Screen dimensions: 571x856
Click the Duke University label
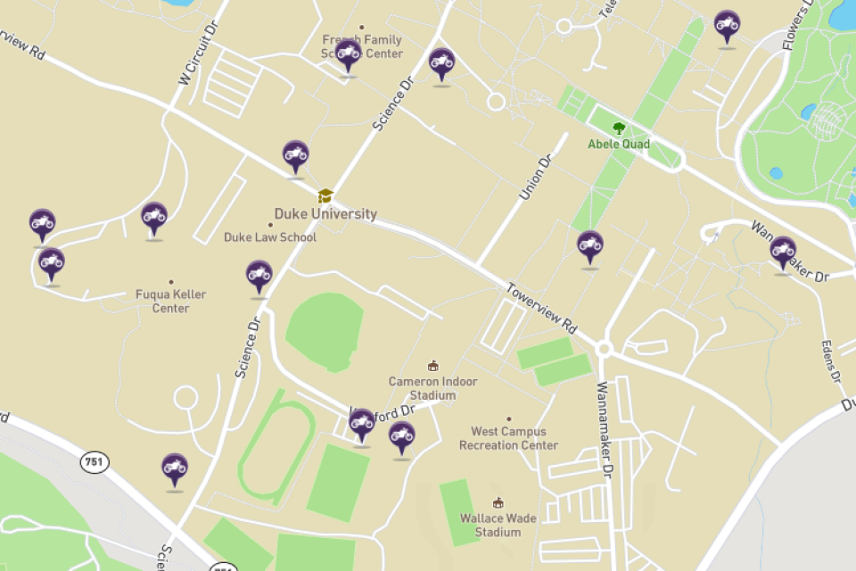325,214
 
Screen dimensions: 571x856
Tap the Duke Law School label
269,237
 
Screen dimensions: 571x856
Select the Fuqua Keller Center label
170,302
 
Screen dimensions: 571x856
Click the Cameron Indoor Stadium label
432,388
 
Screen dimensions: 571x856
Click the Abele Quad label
619,144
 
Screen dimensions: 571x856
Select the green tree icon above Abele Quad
619,128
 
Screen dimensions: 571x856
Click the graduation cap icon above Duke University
325,194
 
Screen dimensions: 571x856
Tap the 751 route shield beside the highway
95,462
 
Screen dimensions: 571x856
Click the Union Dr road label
536,178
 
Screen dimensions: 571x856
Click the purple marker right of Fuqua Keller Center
259,276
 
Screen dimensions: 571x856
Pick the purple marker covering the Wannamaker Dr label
783,252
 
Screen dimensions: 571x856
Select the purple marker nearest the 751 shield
174,468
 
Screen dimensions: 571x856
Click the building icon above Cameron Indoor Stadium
433,366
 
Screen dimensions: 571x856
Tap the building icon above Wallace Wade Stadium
498,503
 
